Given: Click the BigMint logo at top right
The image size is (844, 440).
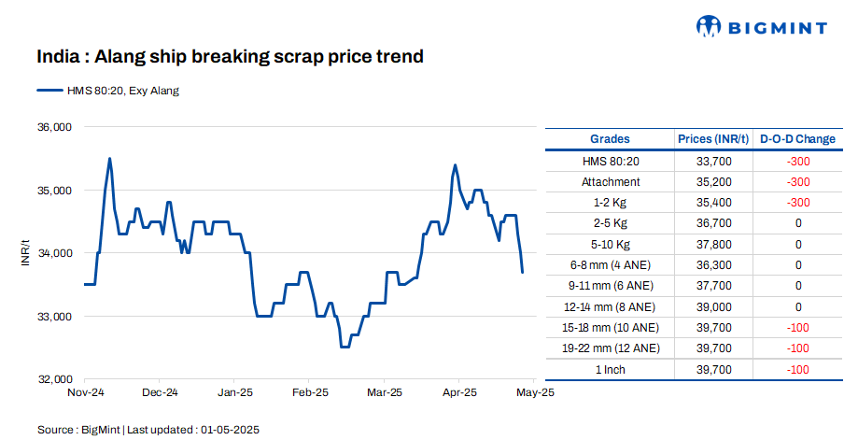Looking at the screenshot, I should [x=762, y=27].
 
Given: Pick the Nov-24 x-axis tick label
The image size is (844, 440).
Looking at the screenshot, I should [x=85, y=393].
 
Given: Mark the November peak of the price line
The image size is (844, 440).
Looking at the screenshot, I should [x=110, y=159].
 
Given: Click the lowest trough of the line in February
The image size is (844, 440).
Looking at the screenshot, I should [x=345, y=347].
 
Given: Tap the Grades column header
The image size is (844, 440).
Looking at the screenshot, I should [x=611, y=139].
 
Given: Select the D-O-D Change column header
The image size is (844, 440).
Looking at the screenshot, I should [x=797, y=139].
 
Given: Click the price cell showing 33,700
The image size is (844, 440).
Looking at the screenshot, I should [x=714, y=161].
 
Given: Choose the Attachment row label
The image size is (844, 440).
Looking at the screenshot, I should [x=611, y=182].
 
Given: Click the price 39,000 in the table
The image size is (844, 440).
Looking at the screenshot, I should [x=714, y=306].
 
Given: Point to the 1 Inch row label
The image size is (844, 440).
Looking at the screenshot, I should [x=611, y=369].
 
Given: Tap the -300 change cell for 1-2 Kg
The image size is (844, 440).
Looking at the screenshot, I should [x=797, y=203].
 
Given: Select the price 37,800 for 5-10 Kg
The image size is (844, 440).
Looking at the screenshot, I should [x=714, y=245].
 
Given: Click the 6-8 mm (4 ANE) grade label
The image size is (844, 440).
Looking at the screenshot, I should [x=611, y=265].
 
